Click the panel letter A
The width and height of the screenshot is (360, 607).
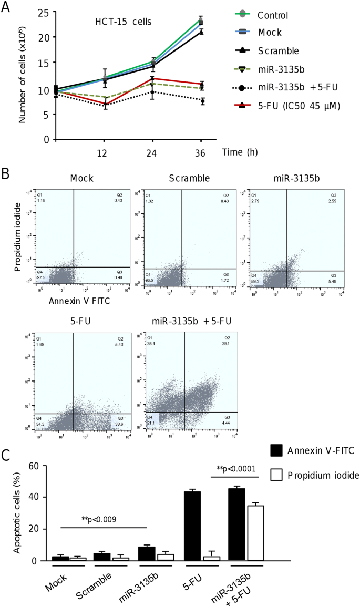7,7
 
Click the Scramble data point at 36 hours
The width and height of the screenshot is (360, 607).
201,32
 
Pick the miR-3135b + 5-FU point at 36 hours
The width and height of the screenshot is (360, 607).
201,101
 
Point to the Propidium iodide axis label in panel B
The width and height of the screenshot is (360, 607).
18,238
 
